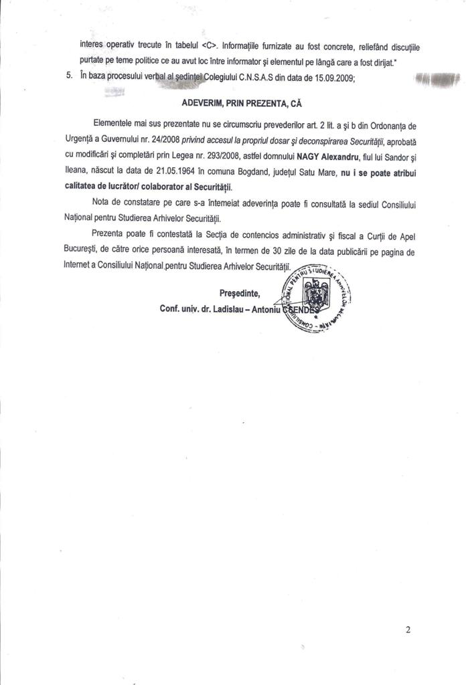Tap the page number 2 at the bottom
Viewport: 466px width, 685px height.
click(408, 629)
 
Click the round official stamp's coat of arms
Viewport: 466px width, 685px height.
click(313, 294)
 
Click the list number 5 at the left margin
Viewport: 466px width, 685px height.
click(70, 77)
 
